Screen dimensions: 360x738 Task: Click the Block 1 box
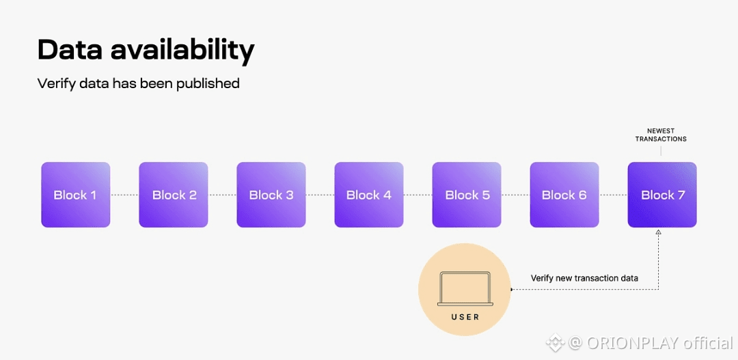click(x=75, y=195)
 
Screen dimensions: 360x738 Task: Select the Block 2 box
click(x=174, y=195)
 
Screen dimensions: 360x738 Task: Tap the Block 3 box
click(x=271, y=195)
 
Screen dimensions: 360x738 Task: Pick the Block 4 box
click(x=369, y=195)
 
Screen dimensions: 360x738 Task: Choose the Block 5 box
click(x=467, y=195)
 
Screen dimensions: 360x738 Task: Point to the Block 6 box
click(x=564, y=195)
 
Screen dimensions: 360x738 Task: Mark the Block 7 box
click(x=662, y=195)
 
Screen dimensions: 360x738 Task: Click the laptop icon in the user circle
click(x=465, y=289)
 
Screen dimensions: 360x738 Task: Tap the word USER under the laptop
click(x=465, y=317)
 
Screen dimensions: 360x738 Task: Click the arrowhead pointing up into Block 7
click(x=659, y=233)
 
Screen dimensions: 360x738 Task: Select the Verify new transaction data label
click(x=584, y=278)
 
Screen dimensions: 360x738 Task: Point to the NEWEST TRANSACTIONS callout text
click(x=661, y=135)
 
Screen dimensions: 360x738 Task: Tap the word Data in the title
click(x=66, y=50)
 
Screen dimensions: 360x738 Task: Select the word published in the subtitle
click(x=208, y=84)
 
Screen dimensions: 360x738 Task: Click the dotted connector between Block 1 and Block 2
click(x=124, y=195)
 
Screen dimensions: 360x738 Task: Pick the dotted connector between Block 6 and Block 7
click(x=613, y=195)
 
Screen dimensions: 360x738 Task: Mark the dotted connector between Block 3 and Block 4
click(x=320, y=195)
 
